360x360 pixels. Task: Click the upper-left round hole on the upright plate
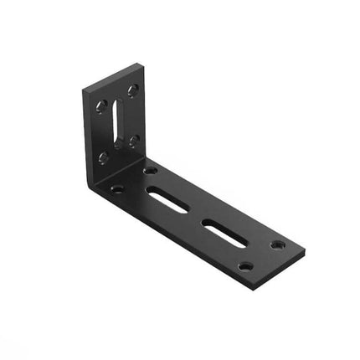tap(101, 106)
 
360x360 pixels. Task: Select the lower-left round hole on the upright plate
tap(103, 157)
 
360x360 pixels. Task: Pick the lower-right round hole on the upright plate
tap(134, 141)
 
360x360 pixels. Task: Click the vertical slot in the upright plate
tap(117, 123)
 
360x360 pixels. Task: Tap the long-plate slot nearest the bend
tap(167, 199)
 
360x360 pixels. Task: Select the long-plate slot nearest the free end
tap(224, 232)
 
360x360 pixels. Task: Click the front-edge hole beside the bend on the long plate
tap(117, 188)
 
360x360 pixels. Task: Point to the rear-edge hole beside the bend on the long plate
tap(151, 171)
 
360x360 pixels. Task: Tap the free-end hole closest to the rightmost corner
tap(277, 244)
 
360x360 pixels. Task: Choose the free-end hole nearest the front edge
tap(245, 266)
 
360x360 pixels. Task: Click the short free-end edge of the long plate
tap(278, 266)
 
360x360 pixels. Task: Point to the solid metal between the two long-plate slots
tap(195, 215)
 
